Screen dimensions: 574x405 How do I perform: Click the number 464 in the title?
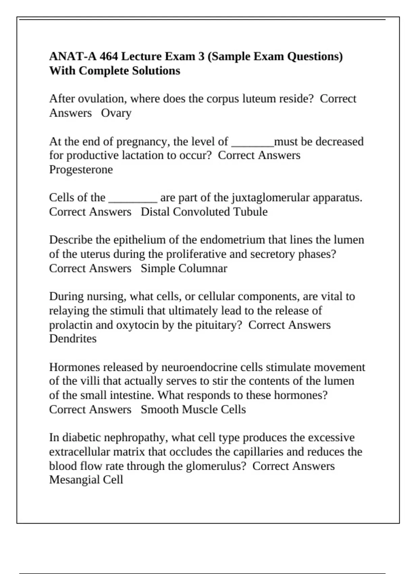point(108,56)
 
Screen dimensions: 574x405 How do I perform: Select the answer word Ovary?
point(116,113)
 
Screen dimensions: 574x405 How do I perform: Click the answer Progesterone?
point(81,169)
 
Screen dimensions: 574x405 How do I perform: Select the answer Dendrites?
point(73,339)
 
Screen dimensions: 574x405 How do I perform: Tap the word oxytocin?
point(137,325)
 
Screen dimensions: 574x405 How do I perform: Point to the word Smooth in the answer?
point(160,410)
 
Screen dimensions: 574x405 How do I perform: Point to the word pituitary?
point(216,325)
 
